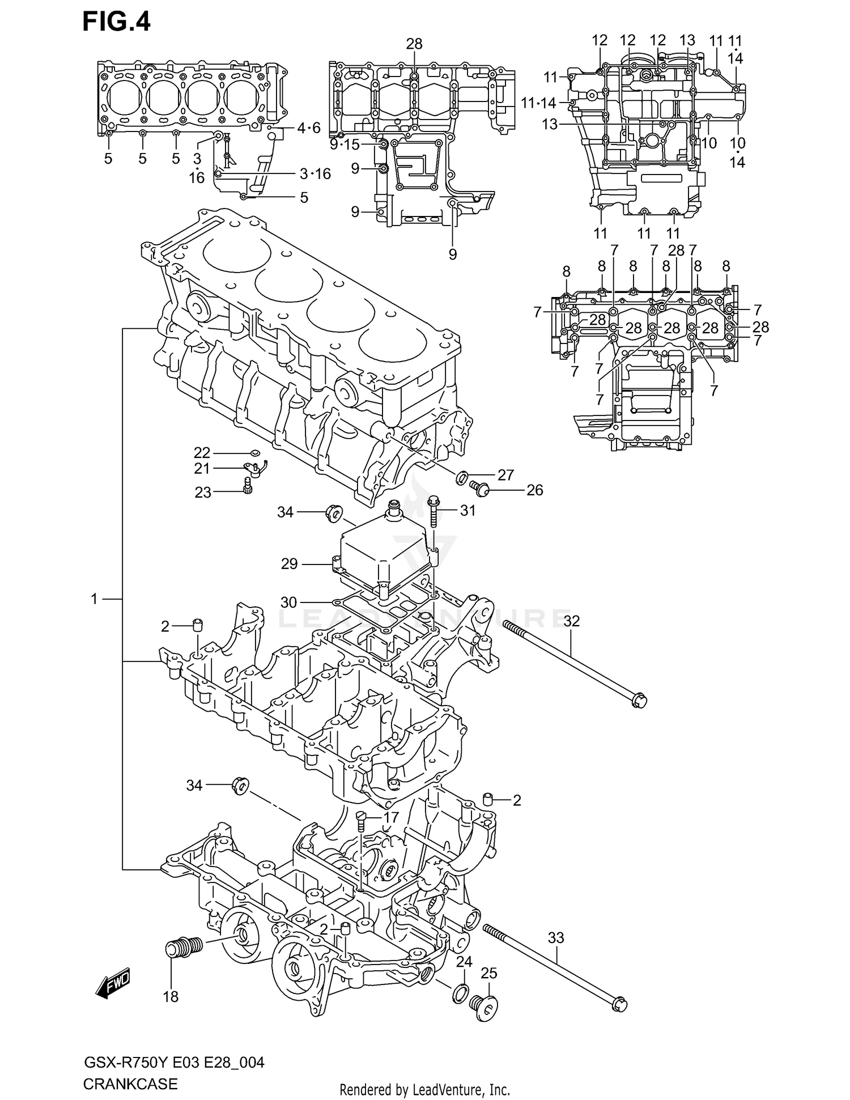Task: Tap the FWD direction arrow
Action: (113, 983)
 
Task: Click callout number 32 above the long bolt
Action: (571, 621)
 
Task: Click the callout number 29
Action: (289, 564)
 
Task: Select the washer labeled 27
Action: (461, 478)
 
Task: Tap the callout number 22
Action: (202, 452)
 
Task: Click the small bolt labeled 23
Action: (248, 486)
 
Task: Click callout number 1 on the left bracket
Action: (95, 598)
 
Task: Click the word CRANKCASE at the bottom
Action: (130, 1084)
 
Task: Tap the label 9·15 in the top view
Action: (345, 145)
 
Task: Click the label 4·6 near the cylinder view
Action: (309, 128)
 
